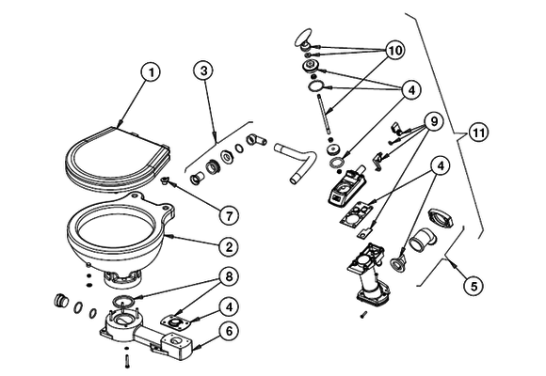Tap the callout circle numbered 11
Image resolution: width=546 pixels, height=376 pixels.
coord(480,134)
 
